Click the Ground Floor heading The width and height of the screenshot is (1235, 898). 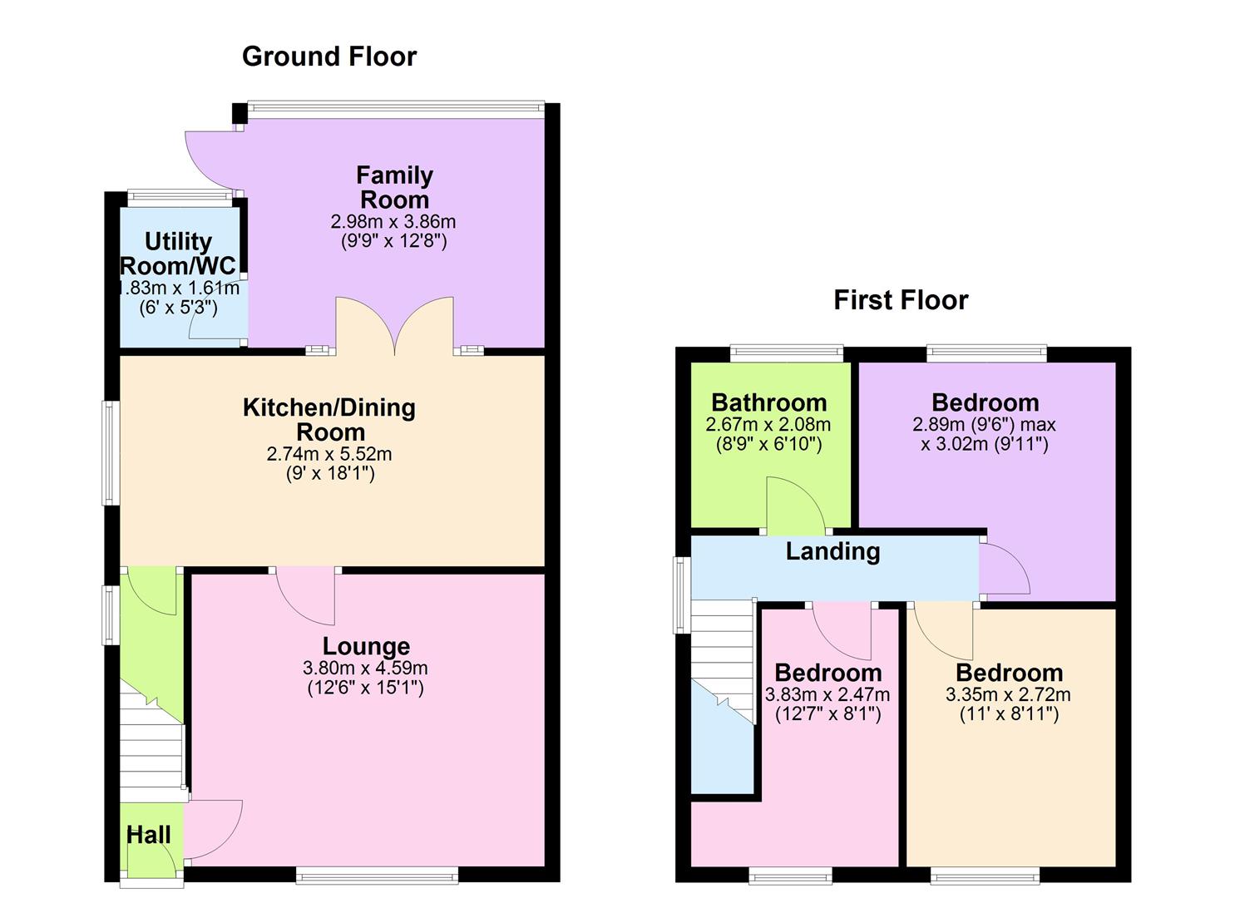click(329, 57)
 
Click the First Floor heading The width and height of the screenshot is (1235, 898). click(901, 300)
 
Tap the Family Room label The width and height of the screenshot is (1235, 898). click(394, 187)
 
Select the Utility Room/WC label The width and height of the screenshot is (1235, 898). click(178, 254)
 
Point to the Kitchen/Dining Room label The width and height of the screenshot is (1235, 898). click(329, 419)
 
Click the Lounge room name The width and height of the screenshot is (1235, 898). click(366, 646)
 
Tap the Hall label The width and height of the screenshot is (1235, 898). click(149, 835)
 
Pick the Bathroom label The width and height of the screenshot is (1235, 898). click(768, 403)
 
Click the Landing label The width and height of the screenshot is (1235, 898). click(832, 551)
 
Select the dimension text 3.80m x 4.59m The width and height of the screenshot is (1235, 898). click(366, 668)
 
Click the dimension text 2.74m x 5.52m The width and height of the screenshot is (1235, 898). click(329, 454)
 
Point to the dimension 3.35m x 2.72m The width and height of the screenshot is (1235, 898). click(1008, 694)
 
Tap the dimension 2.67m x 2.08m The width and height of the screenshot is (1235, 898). click(768, 424)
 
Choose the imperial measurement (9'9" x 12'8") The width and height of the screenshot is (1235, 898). click(394, 242)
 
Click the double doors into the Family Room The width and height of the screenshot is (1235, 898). click(395, 326)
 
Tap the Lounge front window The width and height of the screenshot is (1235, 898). click(376, 874)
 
